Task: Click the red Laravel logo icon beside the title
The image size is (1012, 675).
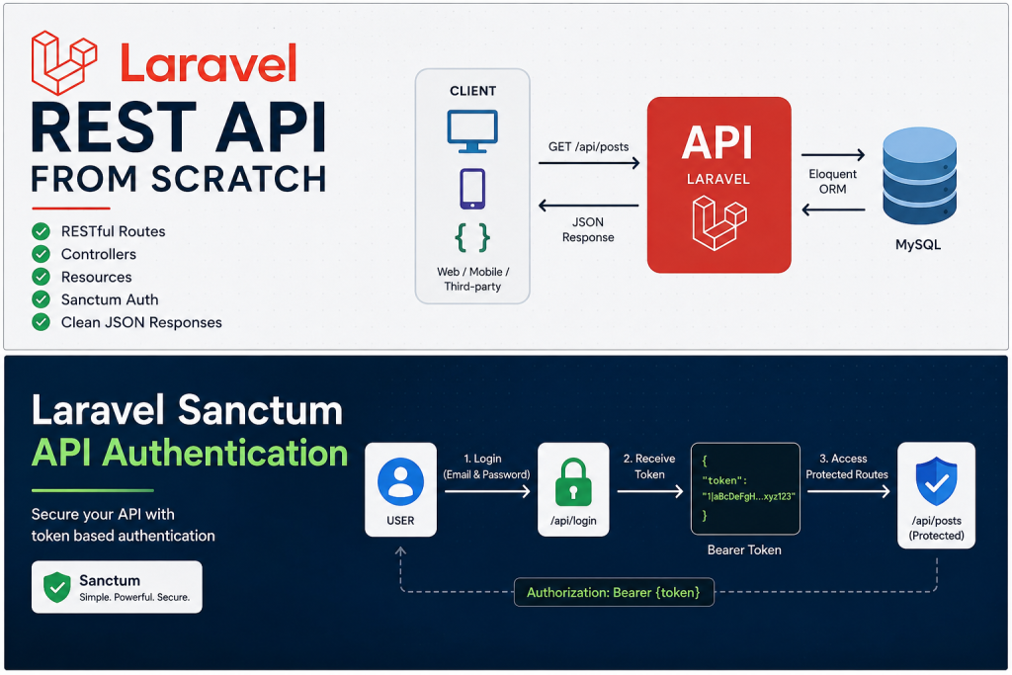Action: click(64, 62)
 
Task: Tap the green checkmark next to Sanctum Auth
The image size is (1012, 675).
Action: click(42, 299)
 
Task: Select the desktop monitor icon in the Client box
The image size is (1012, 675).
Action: click(472, 131)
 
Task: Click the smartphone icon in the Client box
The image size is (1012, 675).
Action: click(472, 189)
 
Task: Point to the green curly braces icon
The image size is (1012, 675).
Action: click(472, 237)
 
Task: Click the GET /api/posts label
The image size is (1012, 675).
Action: click(589, 146)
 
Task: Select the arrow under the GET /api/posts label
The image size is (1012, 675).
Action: click(589, 163)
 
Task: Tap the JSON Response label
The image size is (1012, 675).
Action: click(588, 229)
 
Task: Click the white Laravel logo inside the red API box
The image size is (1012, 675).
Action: click(719, 223)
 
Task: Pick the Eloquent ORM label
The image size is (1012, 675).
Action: click(832, 181)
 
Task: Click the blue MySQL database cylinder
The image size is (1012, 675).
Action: click(920, 176)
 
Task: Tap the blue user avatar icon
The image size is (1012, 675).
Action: click(401, 481)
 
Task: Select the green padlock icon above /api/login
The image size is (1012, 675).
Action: click(573, 482)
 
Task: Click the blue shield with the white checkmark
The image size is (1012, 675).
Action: click(937, 481)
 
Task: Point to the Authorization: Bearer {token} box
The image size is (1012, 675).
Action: click(614, 592)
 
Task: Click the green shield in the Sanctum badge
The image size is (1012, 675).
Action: click(57, 587)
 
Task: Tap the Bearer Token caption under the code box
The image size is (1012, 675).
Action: click(744, 549)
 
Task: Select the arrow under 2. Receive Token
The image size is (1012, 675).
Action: click(650, 492)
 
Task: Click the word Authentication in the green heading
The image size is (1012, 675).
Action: click(225, 453)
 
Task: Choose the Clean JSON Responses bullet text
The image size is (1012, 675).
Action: click(141, 322)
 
